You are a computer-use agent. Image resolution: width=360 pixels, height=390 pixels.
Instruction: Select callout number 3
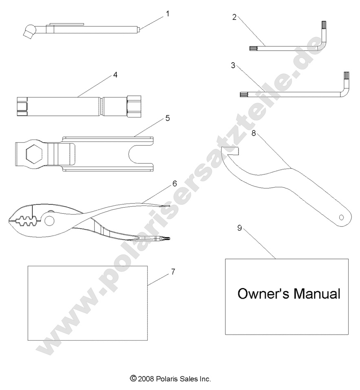[x=233, y=65]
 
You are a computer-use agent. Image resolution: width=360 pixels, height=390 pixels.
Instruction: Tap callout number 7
[x=173, y=272]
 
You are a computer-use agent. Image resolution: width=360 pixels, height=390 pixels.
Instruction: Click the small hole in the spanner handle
[x=342, y=217]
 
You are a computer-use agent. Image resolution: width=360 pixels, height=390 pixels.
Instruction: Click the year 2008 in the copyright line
[x=146, y=379]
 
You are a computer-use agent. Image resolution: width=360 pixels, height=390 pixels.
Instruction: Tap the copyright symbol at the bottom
[x=133, y=379]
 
